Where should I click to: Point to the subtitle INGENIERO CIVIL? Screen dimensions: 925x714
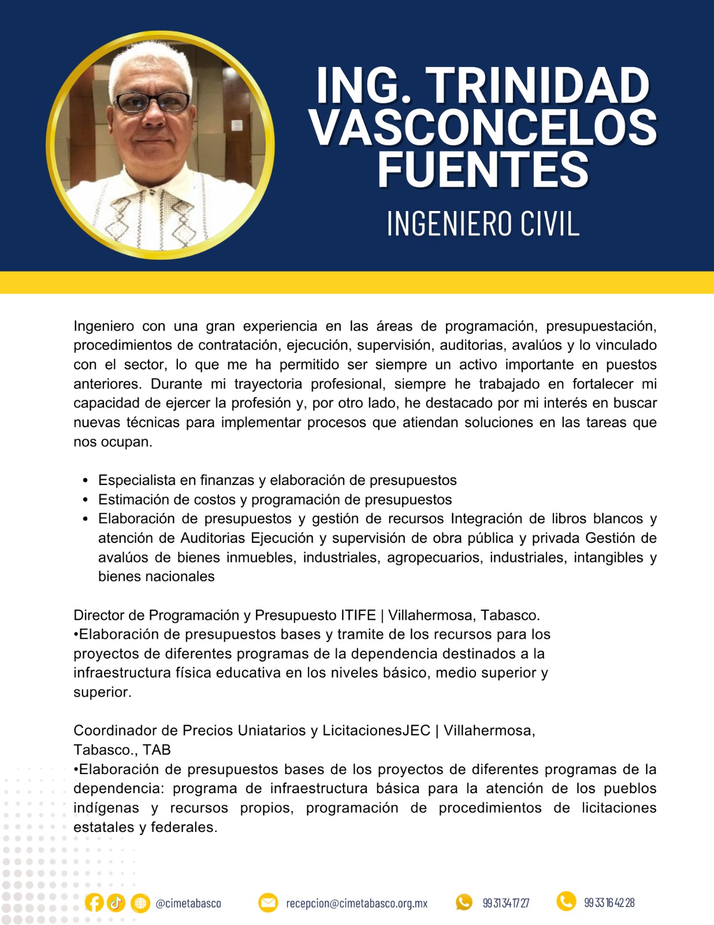coord(483,224)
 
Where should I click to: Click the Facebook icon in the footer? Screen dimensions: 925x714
coord(94,902)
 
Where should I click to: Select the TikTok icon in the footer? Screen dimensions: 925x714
coord(116,902)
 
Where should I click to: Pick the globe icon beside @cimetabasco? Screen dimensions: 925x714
coord(140,902)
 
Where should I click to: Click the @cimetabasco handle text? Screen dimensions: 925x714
coord(188,903)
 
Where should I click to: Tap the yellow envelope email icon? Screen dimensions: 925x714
coord(268,902)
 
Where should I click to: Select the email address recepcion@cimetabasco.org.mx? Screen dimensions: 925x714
coord(357,903)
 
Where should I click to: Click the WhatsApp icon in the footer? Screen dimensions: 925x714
coord(464,902)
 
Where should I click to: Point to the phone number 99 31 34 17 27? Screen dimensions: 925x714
coord(506,903)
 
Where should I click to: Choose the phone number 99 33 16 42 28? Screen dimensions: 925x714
coord(609,902)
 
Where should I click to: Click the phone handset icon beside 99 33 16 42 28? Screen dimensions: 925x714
coord(566,901)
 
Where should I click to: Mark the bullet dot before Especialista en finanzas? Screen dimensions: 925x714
coord(85,480)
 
